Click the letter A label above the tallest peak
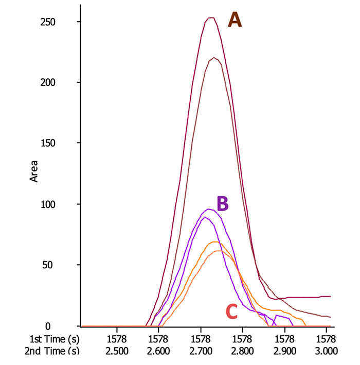pyautogui.click(x=235, y=20)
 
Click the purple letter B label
pyautogui.click(x=222, y=204)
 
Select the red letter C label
pyautogui.click(x=231, y=311)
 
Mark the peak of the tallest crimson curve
pyautogui.click(x=211, y=18)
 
